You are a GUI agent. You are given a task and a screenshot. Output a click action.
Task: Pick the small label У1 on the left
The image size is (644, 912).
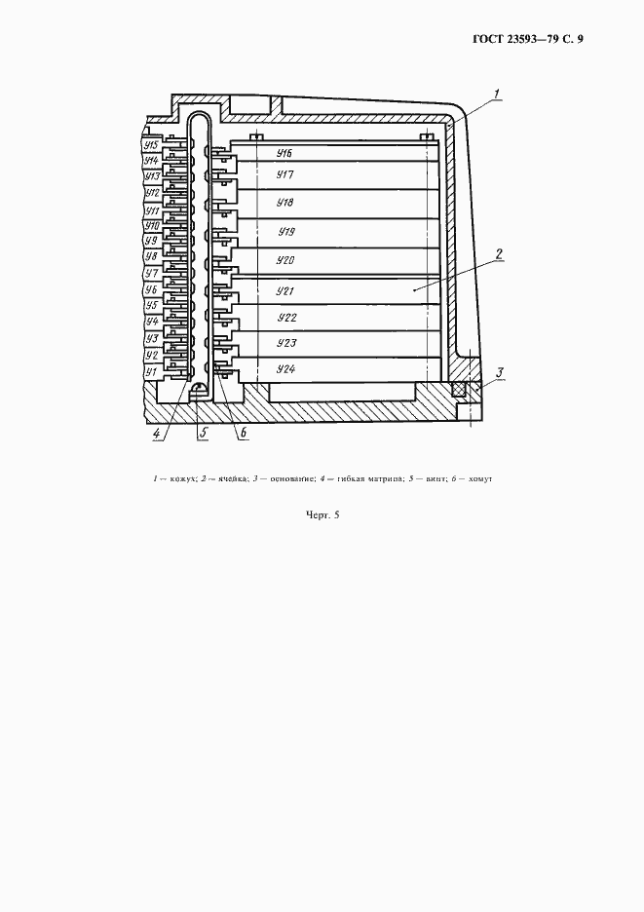(151, 371)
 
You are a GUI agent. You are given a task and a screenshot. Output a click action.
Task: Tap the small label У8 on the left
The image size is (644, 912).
(151, 256)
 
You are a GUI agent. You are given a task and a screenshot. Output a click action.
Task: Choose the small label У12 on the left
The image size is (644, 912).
(151, 193)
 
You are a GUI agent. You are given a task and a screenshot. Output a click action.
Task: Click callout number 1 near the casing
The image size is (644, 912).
(497, 94)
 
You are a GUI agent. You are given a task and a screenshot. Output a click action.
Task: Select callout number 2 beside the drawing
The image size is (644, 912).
(498, 255)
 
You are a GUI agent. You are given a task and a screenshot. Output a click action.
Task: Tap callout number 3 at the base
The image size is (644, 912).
(500, 372)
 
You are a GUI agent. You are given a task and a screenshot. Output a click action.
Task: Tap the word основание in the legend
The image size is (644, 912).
(291, 478)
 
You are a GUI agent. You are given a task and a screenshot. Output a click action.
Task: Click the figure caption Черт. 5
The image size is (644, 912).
(322, 514)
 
